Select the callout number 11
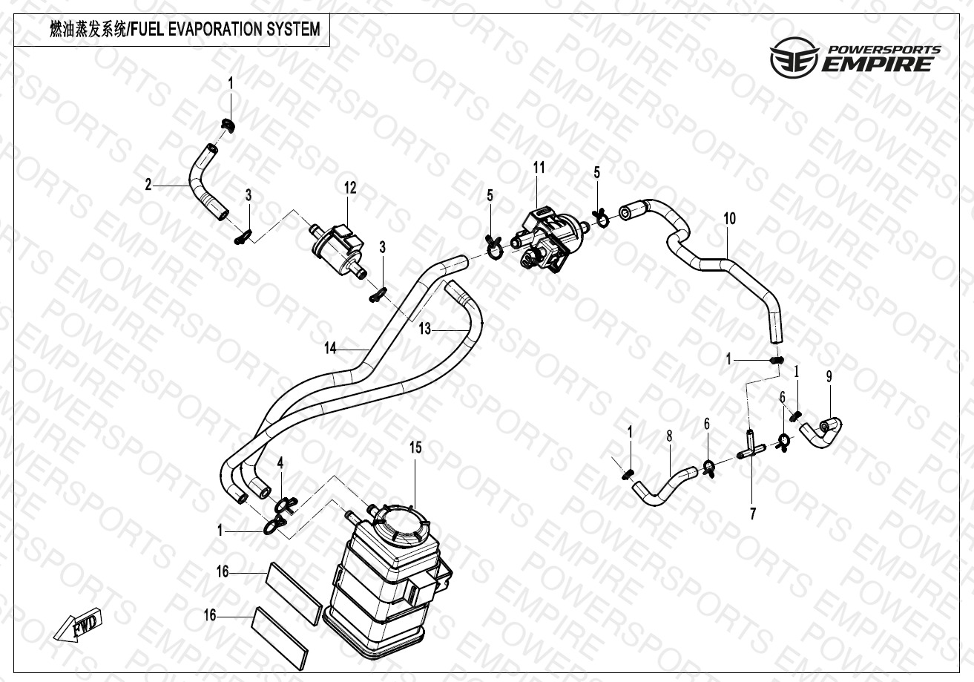pyautogui.click(x=539, y=168)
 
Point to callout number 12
pyautogui.click(x=350, y=188)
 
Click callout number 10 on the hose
pyautogui.click(x=729, y=218)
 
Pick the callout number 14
pyautogui.click(x=331, y=347)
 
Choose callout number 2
pyautogui.click(x=148, y=184)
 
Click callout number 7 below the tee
pyautogui.click(x=753, y=513)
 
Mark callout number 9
pyautogui.click(x=829, y=376)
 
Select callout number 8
pyautogui.click(x=669, y=436)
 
